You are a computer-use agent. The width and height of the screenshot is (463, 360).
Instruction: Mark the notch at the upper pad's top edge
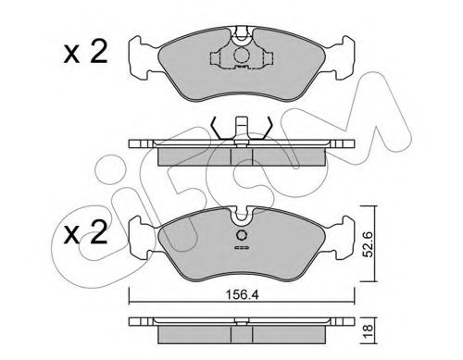[x=241, y=35]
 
